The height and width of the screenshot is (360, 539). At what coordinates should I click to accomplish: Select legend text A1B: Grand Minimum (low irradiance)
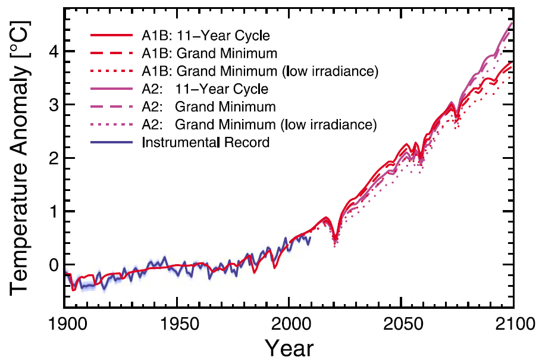pyautogui.click(x=261, y=71)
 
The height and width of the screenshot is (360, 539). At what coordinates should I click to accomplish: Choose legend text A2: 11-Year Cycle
pyautogui.click(x=205, y=89)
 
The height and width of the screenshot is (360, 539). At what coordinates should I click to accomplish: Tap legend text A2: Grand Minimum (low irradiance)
pyautogui.click(x=259, y=125)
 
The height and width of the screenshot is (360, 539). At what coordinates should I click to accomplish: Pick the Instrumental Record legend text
pyautogui.click(x=206, y=143)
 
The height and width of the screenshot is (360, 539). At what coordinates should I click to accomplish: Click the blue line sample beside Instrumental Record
pyautogui.click(x=112, y=143)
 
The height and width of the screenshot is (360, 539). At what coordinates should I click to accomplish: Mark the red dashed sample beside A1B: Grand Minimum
pyautogui.click(x=112, y=54)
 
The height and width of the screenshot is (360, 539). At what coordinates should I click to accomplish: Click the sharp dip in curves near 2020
pyautogui.click(x=336, y=239)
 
